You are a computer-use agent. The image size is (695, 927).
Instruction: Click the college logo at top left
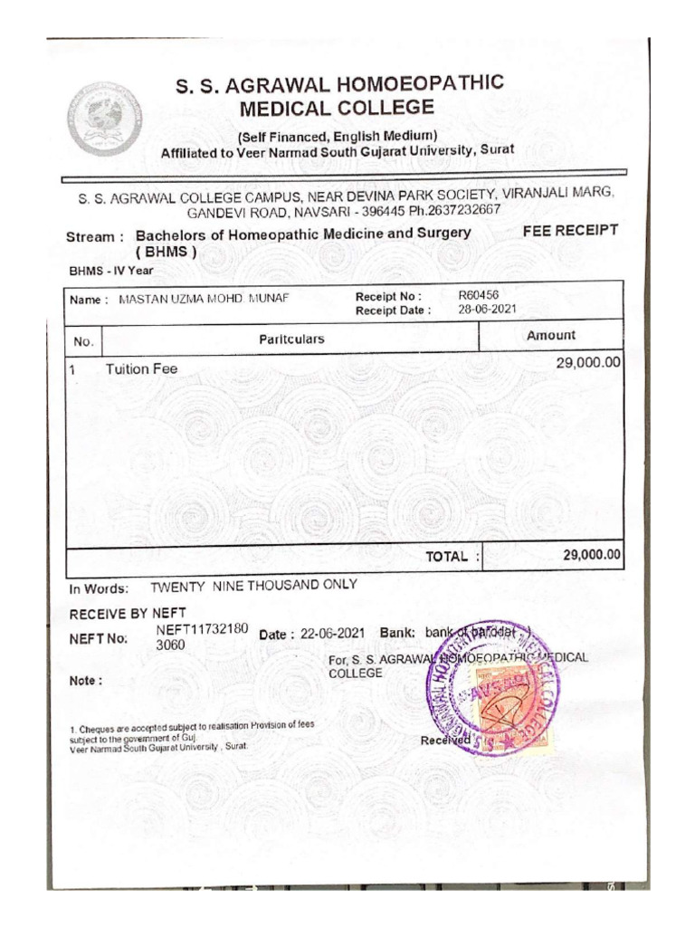[104, 116]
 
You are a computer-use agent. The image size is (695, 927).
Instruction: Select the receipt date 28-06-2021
[487, 309]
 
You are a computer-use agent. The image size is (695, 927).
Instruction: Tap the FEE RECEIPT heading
[570, 231]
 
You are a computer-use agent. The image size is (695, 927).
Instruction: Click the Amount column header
[550, 335]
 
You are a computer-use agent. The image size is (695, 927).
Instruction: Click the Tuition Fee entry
[142, 368]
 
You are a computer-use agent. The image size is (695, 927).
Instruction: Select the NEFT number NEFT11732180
[202, 629]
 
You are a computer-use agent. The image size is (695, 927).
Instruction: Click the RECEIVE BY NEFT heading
[128, 614]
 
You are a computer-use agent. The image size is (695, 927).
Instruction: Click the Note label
[86, 681]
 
